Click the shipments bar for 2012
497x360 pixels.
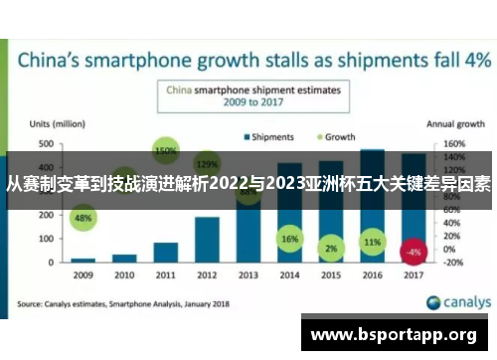206,239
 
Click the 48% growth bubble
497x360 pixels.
83,218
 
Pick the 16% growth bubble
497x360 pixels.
289,240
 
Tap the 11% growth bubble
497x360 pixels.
372,242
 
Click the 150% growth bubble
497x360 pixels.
166,151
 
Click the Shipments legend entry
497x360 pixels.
267,136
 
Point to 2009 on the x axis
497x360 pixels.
83,273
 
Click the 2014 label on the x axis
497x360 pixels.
289,273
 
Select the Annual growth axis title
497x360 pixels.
456,124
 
